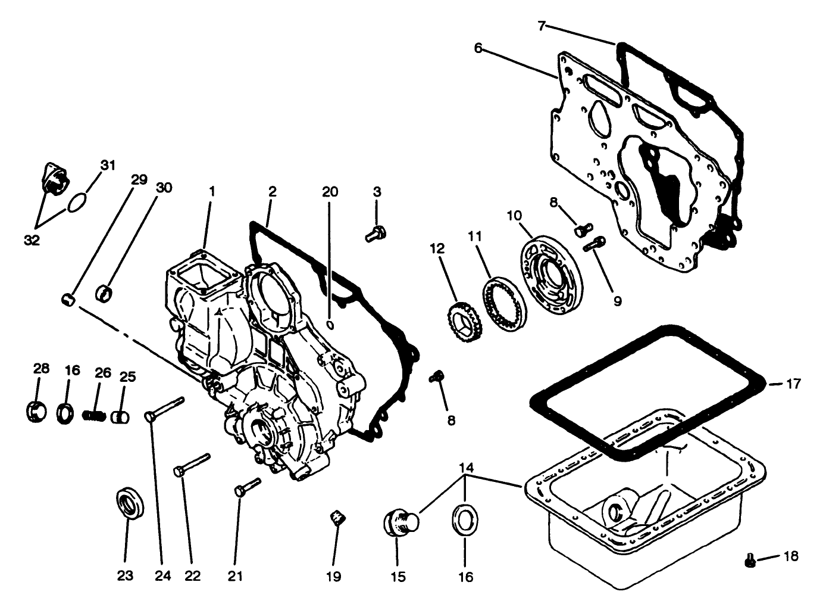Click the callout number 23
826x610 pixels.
[x=126, y=575]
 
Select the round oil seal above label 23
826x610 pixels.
[x=130, y=504]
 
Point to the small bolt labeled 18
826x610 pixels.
[x=750, y=560]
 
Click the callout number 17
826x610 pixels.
[x=794, y=384]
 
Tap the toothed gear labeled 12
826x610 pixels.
[x=459, y=315]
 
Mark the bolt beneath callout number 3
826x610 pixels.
[x=376, y=234]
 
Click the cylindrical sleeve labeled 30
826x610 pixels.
[x=105, y=293]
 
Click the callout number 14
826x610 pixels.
[x=466, y=468]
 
